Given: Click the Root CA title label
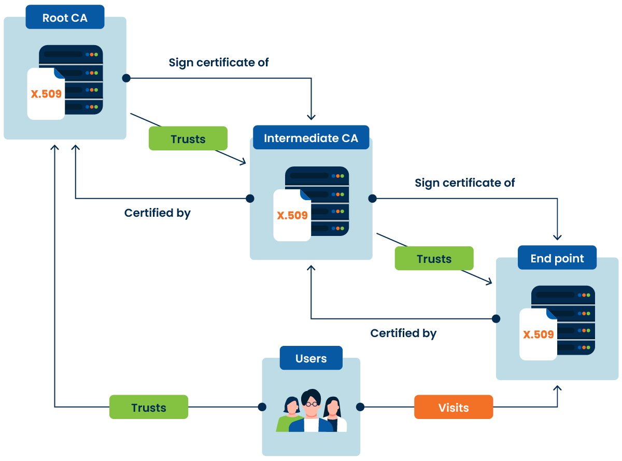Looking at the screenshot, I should click(x=65, y=18).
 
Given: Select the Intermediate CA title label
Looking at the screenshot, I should click(x=311, y=138).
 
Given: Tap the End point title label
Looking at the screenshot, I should click(x=557, y=259).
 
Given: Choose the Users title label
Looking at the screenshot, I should click(x=311, y=359).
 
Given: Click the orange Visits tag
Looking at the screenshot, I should click(x=454, y=408).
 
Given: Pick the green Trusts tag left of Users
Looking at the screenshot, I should click(x=149, y=408).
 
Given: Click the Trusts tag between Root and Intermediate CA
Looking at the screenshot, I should click(x=188, y=139).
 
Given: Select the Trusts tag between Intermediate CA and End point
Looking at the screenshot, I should click(x=434, y=259).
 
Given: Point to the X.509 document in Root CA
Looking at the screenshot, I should click(x=46, y=94).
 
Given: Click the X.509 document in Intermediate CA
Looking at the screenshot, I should click(x=292, y=215).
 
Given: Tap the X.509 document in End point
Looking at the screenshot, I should click(x=539, y=334).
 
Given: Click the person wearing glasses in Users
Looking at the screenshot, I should click(x=311, y=410).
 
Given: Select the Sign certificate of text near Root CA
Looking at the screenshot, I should click(x=219, y=63).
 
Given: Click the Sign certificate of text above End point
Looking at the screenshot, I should click(x=465, y=183).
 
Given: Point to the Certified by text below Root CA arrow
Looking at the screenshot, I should click(x=158, y=213).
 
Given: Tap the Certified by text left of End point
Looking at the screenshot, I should click(x=403, y=333).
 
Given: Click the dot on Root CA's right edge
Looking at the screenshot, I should click(x=126, y=78).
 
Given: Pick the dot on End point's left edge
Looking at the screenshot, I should click(x=496, y=318).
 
